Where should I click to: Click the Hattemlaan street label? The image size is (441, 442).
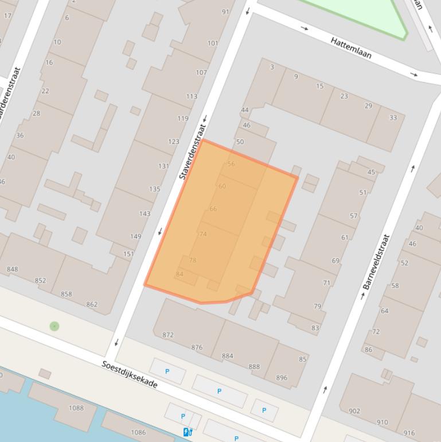(x=351, y=48)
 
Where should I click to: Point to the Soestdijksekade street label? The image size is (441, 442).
(x=130, y=374)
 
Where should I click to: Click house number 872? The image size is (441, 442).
(x=168, y=335)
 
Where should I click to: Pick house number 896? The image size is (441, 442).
(x=282, y=378)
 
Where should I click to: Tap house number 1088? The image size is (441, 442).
(x=76, y=408)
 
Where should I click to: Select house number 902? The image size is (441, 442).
(x=354, y=410)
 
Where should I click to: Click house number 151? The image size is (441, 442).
(x=128, y=254)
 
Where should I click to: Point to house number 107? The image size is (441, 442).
(x=201, y=72)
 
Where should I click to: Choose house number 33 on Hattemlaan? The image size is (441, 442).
(x=393, y=118)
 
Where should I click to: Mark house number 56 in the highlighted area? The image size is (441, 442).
(x=231, y=164)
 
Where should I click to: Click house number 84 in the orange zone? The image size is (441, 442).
(x=179, y=274)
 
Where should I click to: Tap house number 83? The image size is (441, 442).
(x=315, y=328)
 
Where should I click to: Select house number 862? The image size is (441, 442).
(x=92, y=304)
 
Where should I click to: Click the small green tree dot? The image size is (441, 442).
(x=54, y=326)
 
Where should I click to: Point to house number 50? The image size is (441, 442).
(x=240, y=142)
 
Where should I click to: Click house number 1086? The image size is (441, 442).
(x=138, y=432)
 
